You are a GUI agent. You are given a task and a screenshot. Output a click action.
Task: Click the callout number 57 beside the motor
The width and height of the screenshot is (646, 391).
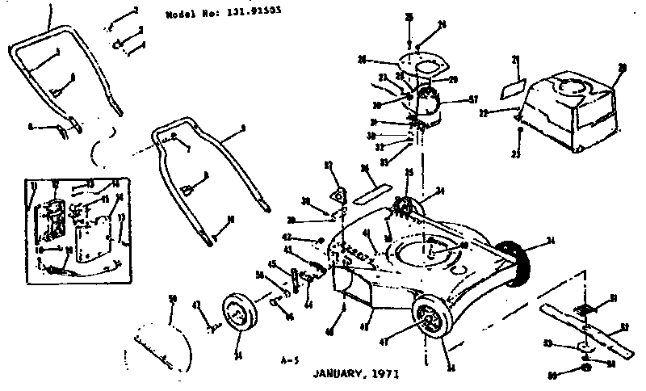coord(474,100)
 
